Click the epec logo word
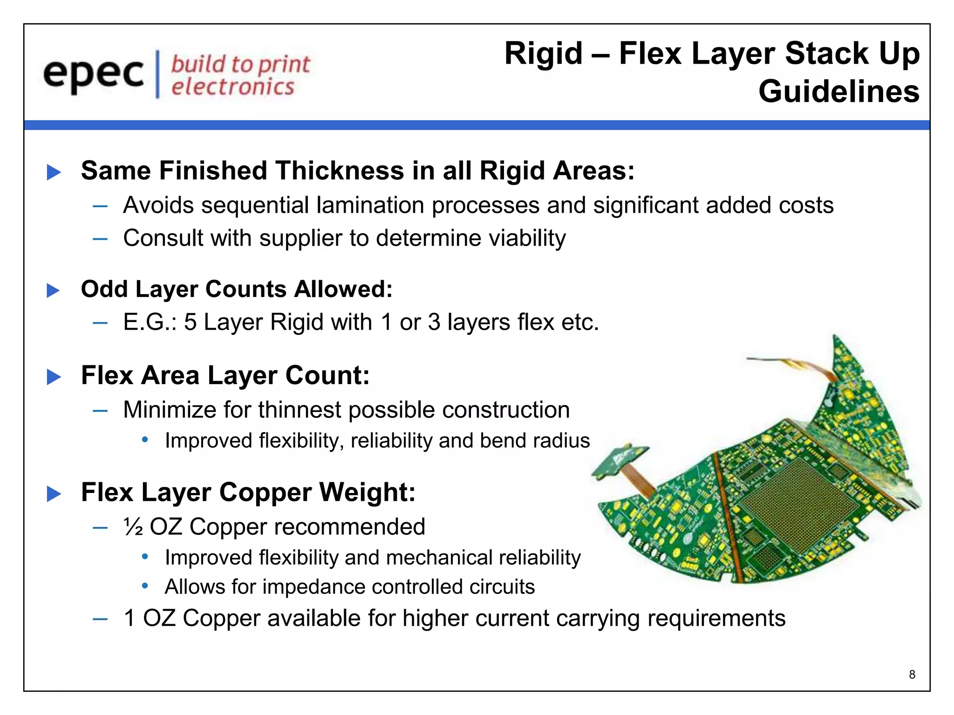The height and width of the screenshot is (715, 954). coord(93,74)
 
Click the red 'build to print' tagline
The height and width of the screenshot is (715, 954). coord(240,64)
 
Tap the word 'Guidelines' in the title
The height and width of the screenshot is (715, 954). coord(838,91)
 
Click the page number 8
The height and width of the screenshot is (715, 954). coord(912,675)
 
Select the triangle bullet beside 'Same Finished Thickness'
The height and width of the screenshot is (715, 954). coord(54,172)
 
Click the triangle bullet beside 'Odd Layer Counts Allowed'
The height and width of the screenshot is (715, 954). coord(54,290)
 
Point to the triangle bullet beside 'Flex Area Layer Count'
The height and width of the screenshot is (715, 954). coord(54,377)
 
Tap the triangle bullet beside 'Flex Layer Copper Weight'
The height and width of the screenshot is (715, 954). coord(54,494)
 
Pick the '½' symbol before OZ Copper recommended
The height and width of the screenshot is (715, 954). coord(134,527)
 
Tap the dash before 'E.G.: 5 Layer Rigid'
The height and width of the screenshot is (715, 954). coord(100,323)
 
